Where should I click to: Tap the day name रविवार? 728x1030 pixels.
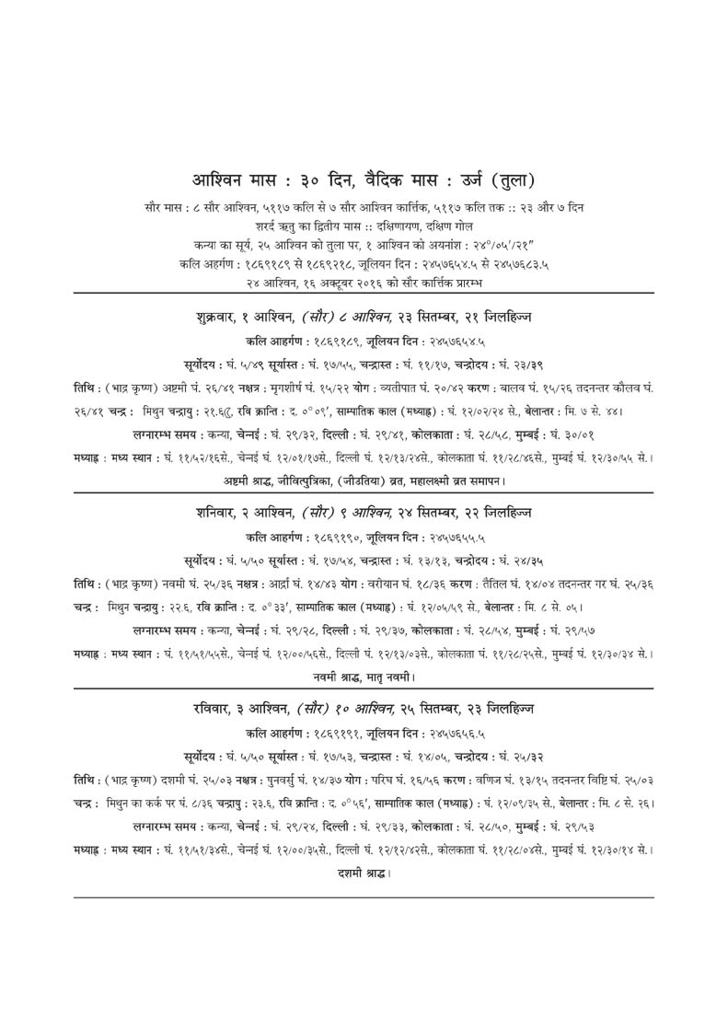(216, 709)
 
